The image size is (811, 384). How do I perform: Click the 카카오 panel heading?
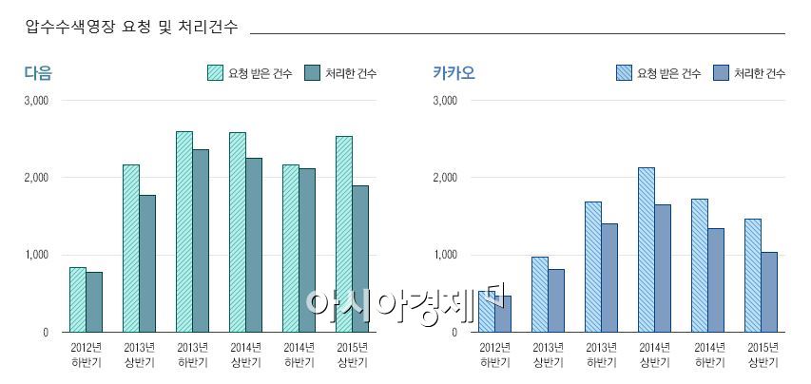click(x=454, y=72)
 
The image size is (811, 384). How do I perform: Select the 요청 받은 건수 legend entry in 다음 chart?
click(x=249, y=73)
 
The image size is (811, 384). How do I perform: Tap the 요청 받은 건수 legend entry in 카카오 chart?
click(x=658, y=73)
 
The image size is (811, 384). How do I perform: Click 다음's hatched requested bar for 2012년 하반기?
click(x=78, y=299)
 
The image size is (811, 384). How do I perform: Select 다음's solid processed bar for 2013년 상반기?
click(x=147, y=263)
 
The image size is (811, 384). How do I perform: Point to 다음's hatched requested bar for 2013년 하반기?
click(x=183, y=232)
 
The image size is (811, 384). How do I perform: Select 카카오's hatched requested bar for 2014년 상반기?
click(x=646, y=250)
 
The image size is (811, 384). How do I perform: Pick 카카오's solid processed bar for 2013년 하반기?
click(x=609, y=278)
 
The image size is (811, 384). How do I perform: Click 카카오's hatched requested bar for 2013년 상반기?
click(x=539, y=294)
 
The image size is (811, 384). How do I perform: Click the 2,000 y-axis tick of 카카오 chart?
click(x=445, y=178)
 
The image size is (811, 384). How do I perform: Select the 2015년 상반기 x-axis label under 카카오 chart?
click(x=762, y=354)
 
